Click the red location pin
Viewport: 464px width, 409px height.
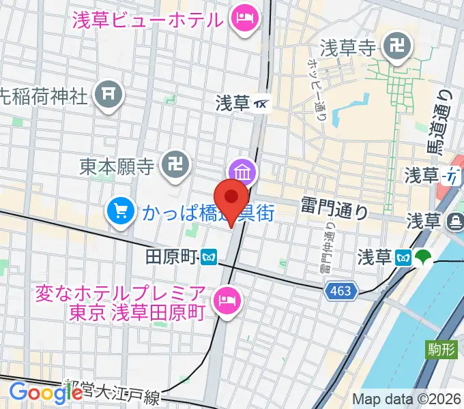232,198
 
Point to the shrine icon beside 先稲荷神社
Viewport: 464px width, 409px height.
109,95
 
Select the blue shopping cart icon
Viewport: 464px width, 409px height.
121,211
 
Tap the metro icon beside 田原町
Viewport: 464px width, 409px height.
209,256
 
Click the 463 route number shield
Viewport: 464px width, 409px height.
340,291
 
